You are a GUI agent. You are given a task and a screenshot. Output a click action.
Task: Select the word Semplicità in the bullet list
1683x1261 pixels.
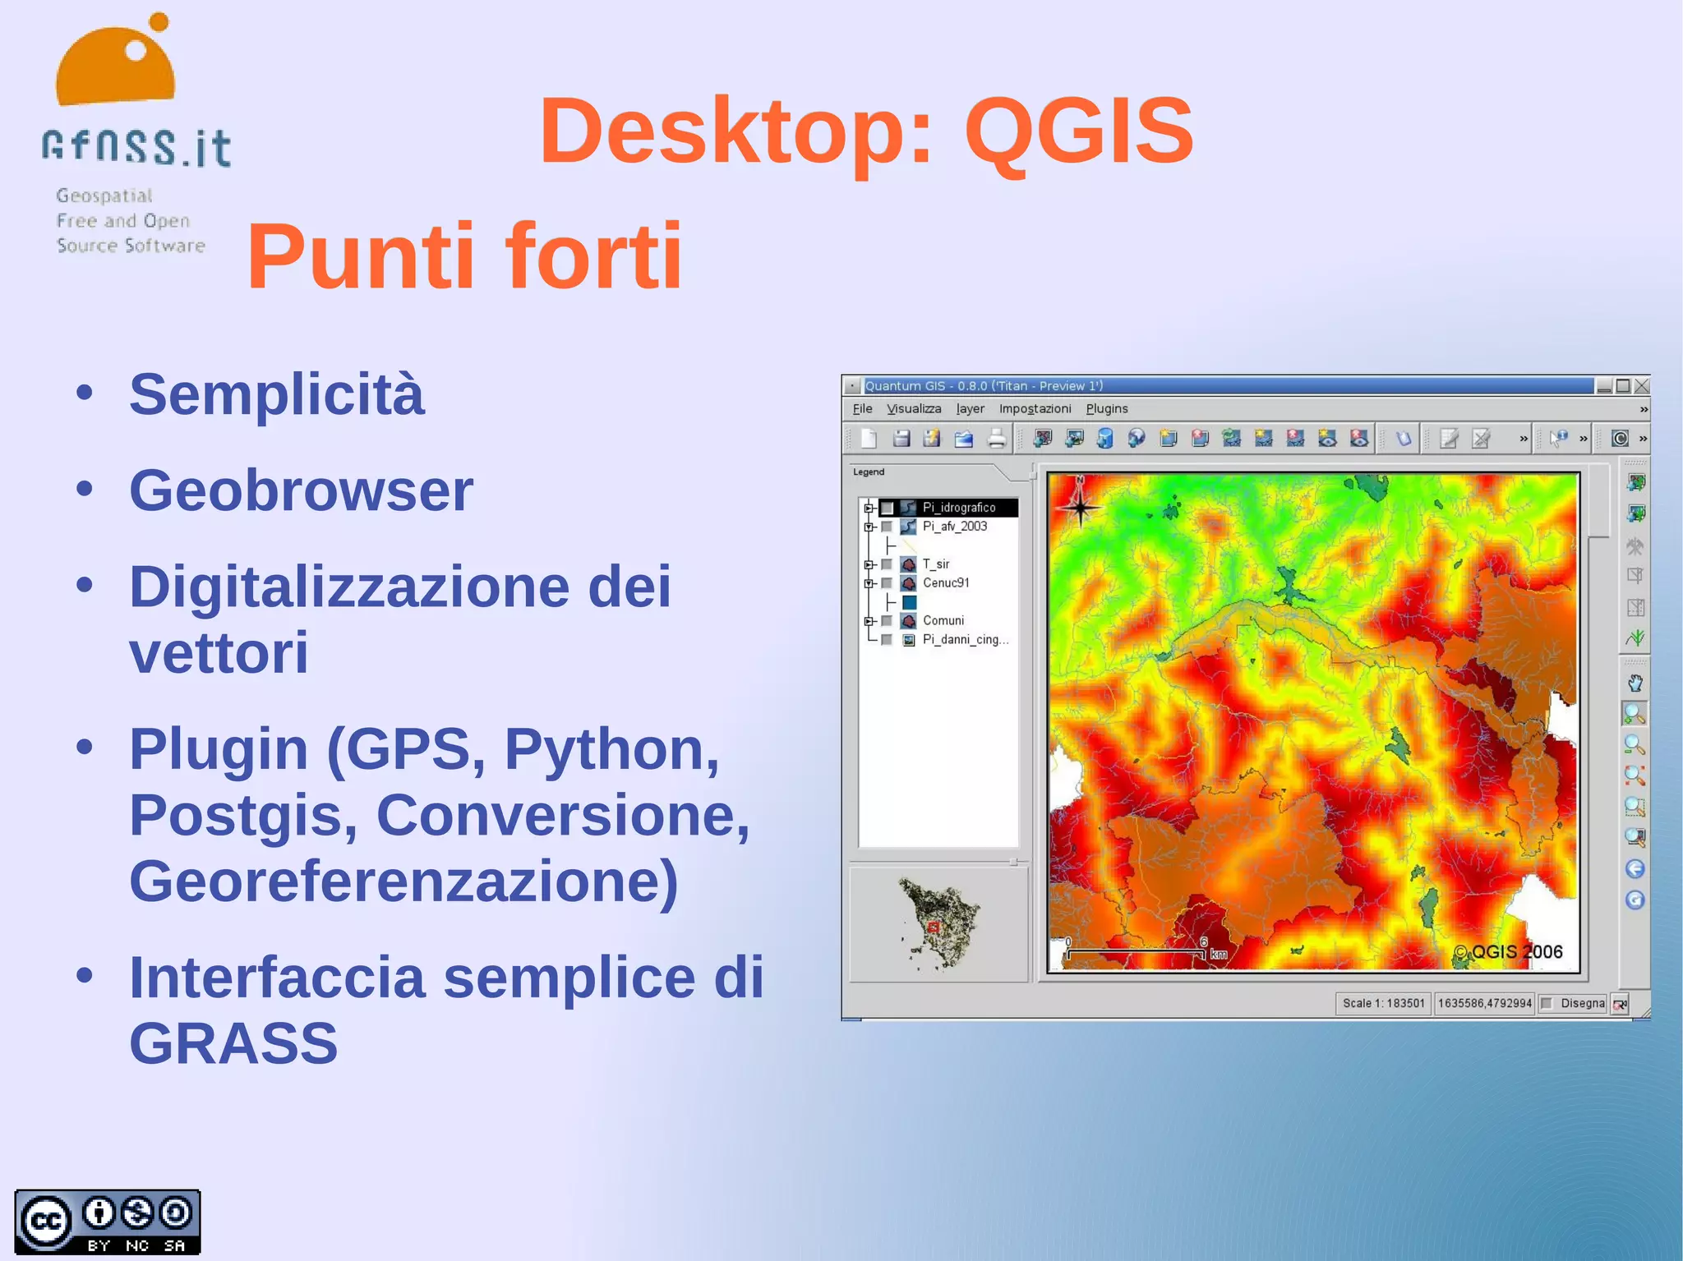pos(277,394)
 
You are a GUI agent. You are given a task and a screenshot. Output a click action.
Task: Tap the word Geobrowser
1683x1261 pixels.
pos(301,491)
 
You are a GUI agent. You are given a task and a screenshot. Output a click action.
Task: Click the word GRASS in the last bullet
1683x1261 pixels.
pos(233,1043)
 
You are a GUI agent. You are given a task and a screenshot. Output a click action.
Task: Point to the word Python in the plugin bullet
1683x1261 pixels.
pos(611,749)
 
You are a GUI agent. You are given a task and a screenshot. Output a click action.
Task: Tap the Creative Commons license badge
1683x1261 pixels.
pos(108,1222)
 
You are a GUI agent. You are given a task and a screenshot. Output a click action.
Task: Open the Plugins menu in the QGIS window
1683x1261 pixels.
pos(1106,409)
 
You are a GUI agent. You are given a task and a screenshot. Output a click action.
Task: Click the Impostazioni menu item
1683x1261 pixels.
pos(1035,409)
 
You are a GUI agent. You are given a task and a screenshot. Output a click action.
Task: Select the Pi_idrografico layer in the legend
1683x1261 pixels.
pos(958,508)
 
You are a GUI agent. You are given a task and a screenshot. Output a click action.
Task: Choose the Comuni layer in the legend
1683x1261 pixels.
pos(943,620)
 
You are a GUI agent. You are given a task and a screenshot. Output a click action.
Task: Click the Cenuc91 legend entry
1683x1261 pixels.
pos(945,582)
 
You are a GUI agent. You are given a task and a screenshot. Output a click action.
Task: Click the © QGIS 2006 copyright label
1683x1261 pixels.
pos(1508,952)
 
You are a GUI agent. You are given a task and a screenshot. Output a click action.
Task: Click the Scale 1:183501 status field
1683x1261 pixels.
pos(1383,1003)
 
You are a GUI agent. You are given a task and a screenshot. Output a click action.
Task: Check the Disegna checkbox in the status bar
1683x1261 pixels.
pos(1547,1003)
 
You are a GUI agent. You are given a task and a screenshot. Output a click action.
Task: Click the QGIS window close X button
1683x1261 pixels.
pos(1641,386)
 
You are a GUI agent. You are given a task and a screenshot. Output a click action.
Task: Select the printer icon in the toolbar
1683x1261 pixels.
pos(996,439)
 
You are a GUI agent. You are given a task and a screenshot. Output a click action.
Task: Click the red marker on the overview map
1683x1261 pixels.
pos(933,927)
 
